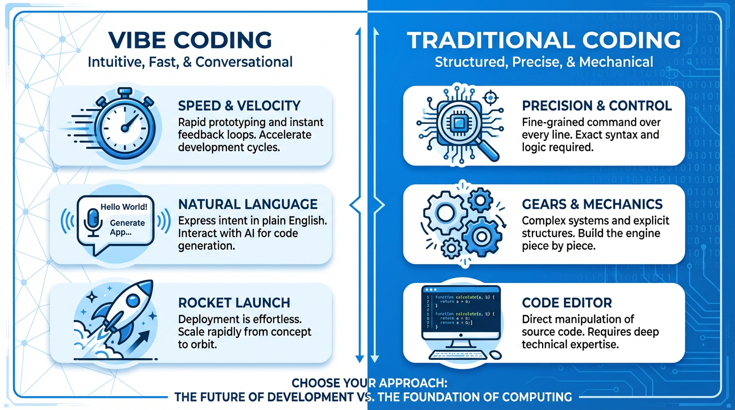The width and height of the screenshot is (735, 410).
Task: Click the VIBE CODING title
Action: point(190,41)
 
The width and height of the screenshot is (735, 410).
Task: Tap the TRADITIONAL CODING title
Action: point(544,41)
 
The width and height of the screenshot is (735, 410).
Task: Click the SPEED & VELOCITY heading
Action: point(239,105)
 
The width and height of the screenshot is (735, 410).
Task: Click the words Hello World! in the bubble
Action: point(124,206)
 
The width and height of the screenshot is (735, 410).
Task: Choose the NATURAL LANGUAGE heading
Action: point(248,204)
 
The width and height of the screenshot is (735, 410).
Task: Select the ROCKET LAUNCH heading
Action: point(234,303)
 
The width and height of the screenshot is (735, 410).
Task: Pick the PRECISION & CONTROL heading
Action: point(597,105)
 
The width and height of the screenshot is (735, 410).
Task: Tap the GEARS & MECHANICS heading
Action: point(592,204)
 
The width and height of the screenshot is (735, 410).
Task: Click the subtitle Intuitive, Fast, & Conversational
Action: point(190,62)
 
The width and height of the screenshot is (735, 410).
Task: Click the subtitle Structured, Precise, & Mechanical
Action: point(544,62)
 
